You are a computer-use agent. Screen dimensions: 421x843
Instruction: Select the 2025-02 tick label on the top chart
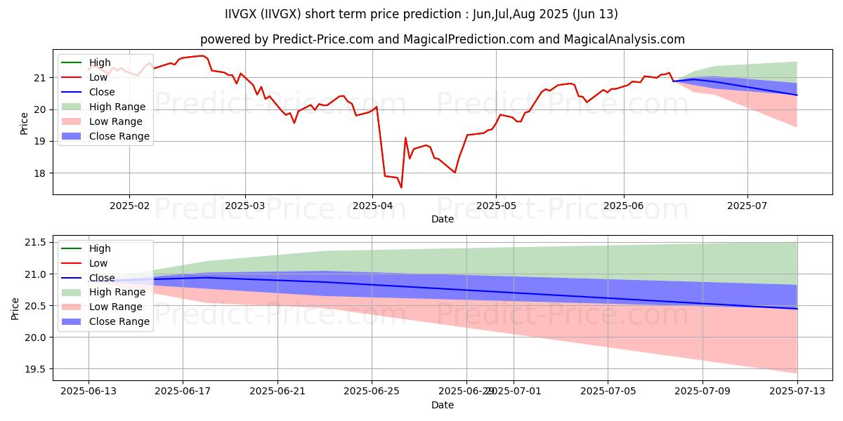pos(129,206)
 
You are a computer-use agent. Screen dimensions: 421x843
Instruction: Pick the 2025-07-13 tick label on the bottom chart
pos(797,392)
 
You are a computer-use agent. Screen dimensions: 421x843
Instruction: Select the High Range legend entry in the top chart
pos(117,107)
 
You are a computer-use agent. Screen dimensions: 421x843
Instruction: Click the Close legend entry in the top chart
pos(102,92)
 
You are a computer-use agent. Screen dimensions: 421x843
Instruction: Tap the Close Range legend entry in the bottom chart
pos(119,321)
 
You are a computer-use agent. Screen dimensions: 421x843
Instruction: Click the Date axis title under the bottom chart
pos(443,405)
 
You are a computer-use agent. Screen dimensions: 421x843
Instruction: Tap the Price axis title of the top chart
pos(25,123)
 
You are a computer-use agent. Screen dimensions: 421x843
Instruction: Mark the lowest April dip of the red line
pos(401,187)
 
